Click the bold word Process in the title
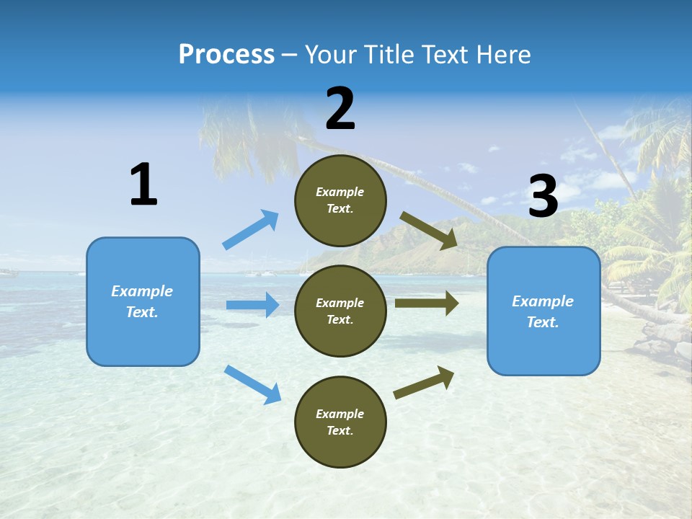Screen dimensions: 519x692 [226, 55]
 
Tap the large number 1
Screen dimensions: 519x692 [143, 185]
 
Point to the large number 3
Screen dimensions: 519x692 [543, 197]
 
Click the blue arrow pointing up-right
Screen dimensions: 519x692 [251, 229]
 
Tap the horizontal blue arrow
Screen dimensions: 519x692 [253, 305]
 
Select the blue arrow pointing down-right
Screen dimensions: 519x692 [253, 384]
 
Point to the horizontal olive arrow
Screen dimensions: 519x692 [427, 303]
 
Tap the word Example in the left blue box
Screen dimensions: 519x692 [142, 291]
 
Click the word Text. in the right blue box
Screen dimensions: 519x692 [543, 322]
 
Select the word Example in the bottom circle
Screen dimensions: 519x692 [340, 414]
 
